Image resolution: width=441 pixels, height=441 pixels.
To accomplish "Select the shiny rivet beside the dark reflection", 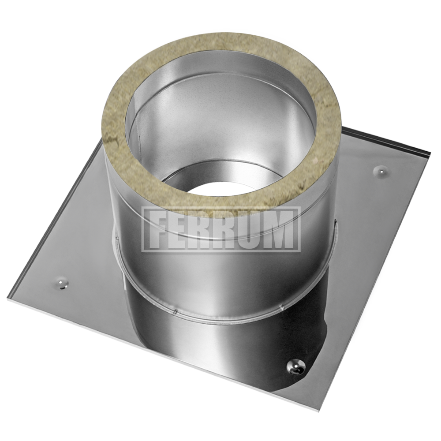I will pos(293,365).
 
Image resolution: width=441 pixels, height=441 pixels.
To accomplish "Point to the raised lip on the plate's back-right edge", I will pos(388,141).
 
